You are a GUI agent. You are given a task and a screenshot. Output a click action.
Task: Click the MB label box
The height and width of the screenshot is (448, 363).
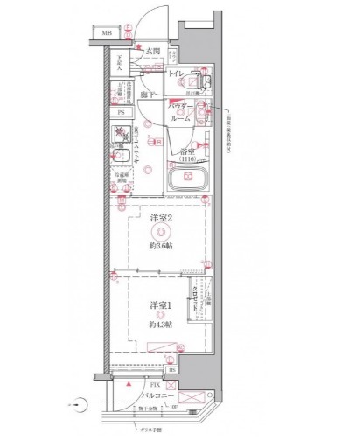click(x=106, y=34)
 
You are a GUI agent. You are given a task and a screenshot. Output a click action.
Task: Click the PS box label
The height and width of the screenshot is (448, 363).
click(x=121, y=112)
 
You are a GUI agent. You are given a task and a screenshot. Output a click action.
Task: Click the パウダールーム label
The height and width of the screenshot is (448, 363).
click(x=180, y=109)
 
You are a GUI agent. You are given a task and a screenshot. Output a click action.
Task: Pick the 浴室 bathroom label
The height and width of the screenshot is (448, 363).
click(x=186, y=150)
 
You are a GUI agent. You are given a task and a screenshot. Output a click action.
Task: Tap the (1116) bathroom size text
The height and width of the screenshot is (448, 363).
click(x=187, y=159)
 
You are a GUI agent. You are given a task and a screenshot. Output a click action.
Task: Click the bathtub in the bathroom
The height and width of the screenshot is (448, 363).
click(x=186, y=184)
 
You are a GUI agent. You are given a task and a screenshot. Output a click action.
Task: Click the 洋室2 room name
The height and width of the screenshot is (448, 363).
click(x=158, y=218)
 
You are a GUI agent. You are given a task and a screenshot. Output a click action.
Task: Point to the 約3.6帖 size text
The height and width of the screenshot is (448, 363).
click(x=158, y=247)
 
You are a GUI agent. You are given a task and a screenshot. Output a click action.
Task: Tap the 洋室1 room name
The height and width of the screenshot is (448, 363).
click(x=158, y=304)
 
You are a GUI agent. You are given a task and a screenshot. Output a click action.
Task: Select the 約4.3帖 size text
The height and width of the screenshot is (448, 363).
click(x=158, y=324)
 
